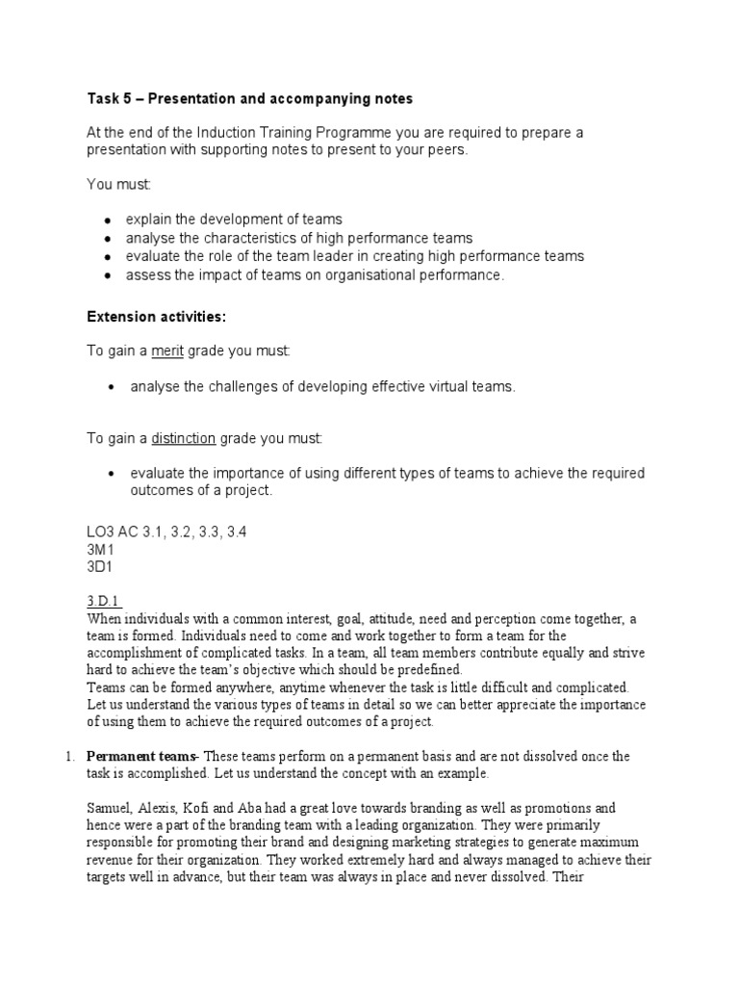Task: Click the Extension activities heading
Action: coord(157,317)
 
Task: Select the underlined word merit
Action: coord(166,351)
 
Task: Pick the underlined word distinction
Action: coord(183,438)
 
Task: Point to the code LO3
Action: coord(100,532)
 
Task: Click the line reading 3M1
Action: coord(101,549)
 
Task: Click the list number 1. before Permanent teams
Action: coord(70,756)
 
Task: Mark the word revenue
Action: coord(114,860)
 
